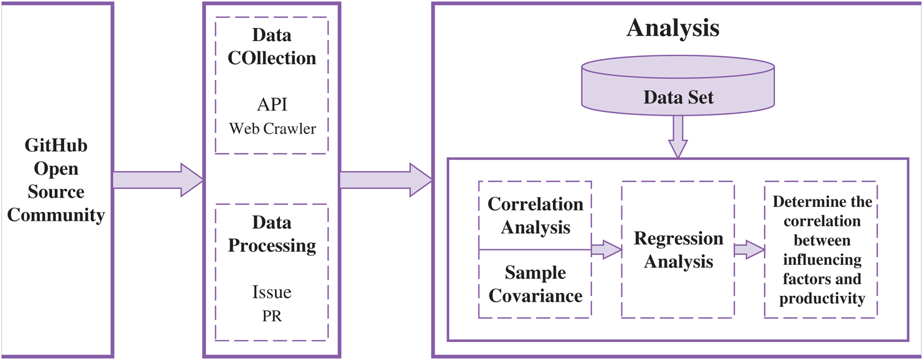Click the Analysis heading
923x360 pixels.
(673, 29)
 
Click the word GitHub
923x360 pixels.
(56, 145)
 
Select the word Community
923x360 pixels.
(56, 216)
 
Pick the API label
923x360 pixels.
(272, 104)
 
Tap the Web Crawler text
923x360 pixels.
(272, 129)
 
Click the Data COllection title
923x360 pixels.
(272, 46)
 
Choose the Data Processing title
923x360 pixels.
(272, 234)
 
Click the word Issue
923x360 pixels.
(272, 292)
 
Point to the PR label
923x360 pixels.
(272, 316)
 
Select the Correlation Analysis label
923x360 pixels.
(536, 215)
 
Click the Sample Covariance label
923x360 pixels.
(536, 284)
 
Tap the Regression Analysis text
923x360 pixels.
(678, 250)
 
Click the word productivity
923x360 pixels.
(822, 298)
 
